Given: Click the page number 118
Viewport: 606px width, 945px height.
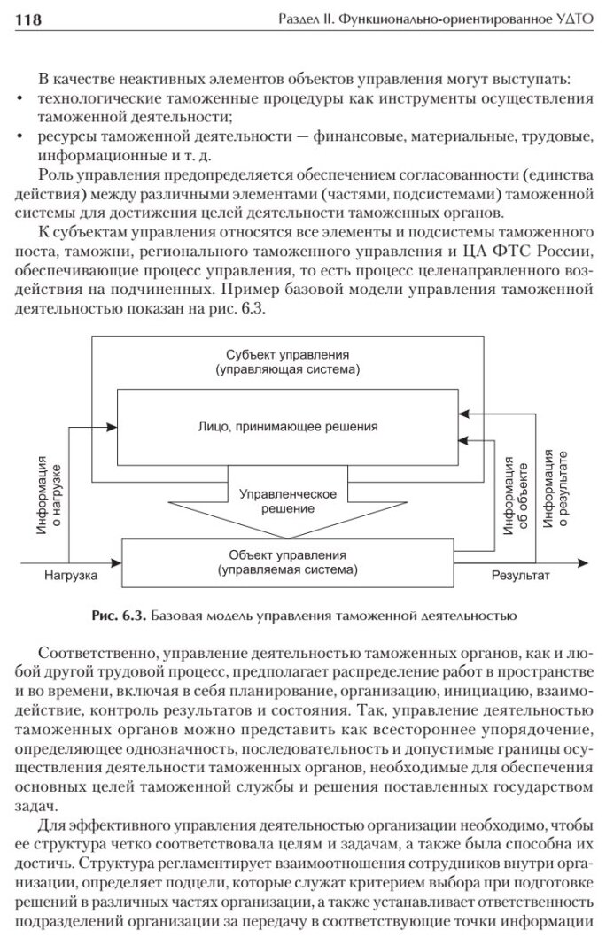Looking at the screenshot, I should (29, 19).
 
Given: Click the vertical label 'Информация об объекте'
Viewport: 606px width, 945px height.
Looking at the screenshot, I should (517, 492).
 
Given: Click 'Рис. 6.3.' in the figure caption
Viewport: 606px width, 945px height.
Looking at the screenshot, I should (120, 613).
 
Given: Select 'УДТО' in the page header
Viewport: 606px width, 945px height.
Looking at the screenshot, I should (569, 19).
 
